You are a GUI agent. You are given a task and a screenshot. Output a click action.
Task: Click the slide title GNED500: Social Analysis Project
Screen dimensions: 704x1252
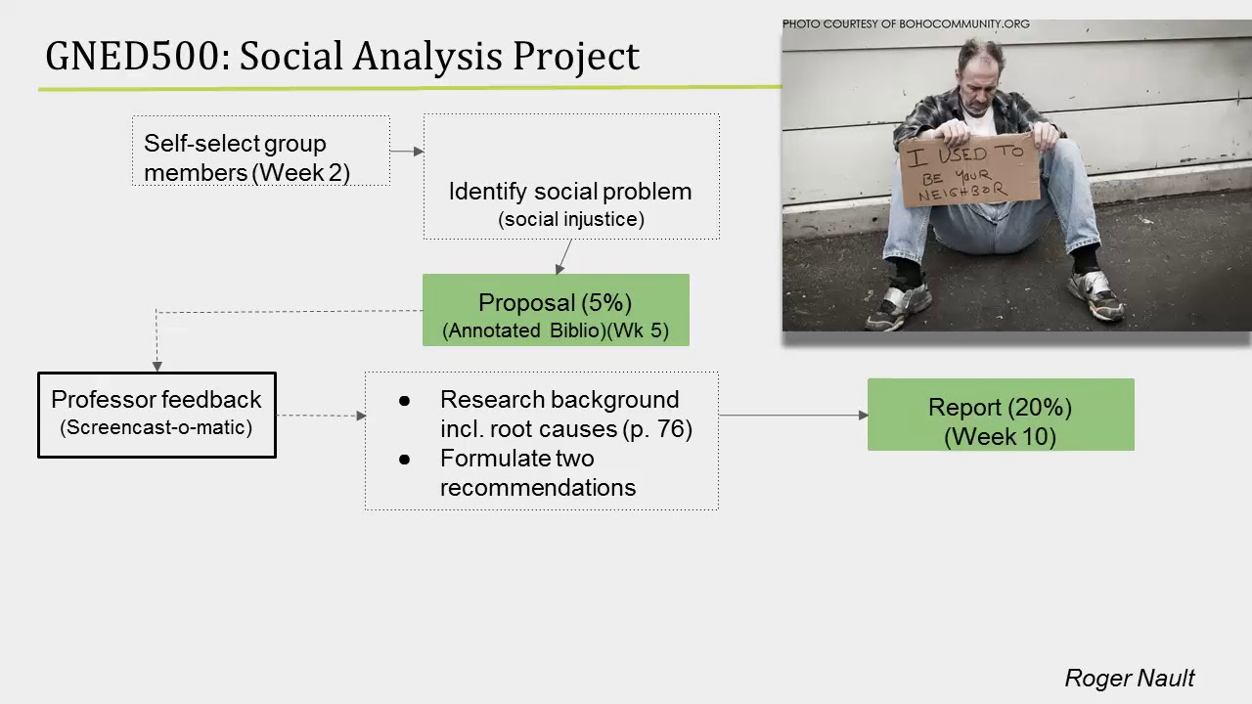coord(342,57)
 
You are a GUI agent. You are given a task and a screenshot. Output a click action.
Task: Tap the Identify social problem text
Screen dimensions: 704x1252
coord(569,192)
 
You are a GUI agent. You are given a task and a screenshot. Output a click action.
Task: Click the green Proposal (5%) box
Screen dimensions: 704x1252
coord(556,310)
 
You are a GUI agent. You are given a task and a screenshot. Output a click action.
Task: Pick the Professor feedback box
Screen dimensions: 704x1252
coord(156,415)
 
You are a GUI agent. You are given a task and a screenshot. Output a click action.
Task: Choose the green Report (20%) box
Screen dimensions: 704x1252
coord(1000,415)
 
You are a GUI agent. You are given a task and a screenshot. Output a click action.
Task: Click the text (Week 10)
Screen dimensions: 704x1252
coord(1000,437)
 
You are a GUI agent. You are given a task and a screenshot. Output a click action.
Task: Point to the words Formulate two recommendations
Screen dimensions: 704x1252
coord(537,473)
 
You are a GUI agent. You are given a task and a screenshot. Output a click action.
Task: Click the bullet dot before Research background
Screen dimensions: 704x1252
coord(405,401)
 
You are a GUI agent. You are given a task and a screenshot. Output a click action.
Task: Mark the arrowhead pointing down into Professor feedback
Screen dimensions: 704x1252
coord(156,366)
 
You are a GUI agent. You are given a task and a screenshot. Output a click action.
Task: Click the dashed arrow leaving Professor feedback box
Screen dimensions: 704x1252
coord(320,416)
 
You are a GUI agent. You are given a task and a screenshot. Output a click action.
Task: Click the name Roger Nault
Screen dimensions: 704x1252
coord(1129,679)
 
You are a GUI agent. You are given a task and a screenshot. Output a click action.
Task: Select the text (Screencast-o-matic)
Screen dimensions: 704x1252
coord(156,427)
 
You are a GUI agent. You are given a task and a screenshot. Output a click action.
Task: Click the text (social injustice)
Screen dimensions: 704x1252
coord(571,220)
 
